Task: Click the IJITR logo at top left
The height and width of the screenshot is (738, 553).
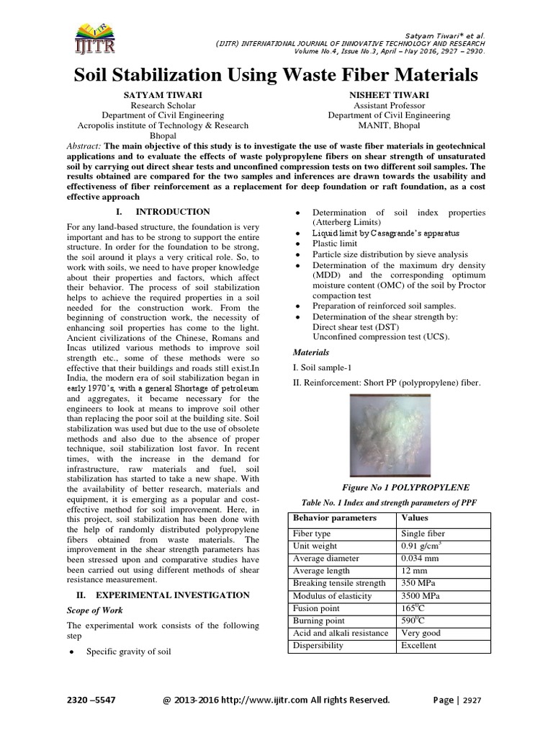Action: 96,40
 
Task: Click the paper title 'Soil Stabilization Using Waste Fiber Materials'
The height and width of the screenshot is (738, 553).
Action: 276,75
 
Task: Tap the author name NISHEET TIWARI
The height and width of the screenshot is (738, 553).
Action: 389,94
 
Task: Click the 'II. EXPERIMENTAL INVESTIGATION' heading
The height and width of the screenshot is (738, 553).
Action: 163,595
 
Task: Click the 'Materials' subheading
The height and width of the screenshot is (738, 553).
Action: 310,352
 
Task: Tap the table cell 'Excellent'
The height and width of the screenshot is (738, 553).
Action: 418,646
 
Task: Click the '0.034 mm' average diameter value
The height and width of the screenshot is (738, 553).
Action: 421,559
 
